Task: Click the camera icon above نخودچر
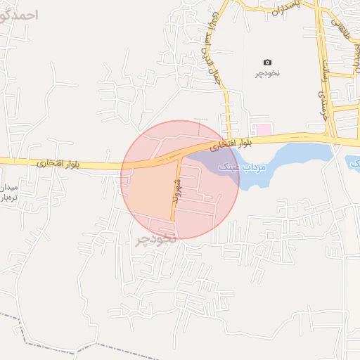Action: pos(267,63)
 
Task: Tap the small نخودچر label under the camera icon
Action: pos(267,73)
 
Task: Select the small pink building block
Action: pos(262,130)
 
